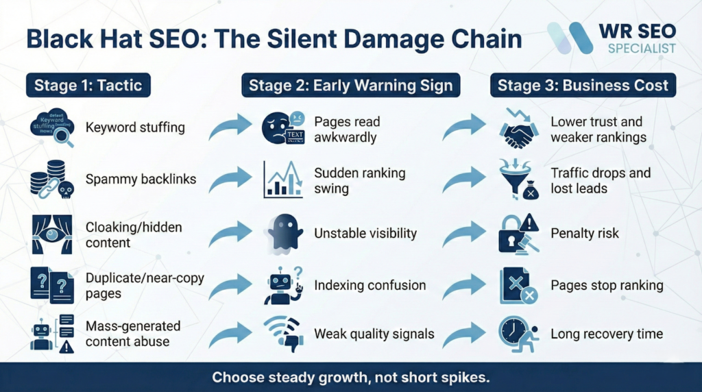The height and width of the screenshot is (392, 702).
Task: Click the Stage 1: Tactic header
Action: tap(88, 86)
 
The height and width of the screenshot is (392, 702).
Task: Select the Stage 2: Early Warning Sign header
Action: tap(350, 86)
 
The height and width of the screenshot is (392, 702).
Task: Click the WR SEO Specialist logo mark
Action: tap(570, 38)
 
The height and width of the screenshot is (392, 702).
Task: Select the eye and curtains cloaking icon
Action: tap(51, 233)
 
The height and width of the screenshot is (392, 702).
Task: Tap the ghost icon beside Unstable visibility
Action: tap(284, 234)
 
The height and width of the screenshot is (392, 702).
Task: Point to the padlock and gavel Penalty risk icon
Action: tap(518, 234)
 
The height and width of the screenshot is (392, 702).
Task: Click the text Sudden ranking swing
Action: tap(359, 180)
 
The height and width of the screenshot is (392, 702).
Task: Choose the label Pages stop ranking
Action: tap(607, 285)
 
